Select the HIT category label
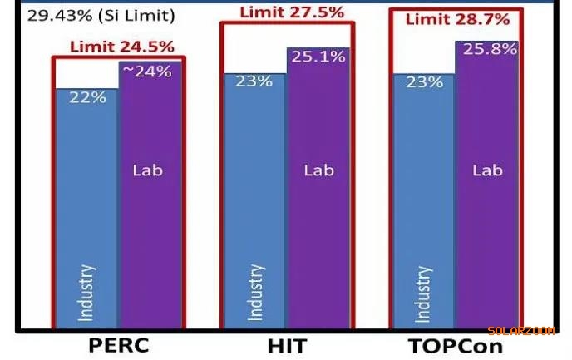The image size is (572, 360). (286, 344)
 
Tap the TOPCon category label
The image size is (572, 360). (455, 344)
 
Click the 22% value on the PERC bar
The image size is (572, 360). (87, 97)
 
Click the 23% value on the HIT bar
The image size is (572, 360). (254, 82)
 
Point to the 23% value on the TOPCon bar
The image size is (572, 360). (423, 82)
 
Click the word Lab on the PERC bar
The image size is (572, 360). (148, 170)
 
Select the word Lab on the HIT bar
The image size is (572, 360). (318, 170)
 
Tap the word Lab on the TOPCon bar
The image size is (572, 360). (488, 170)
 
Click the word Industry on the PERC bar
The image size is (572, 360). (86, 292)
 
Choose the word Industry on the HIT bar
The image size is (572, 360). (255, 292)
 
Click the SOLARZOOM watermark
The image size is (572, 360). (520, 331)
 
